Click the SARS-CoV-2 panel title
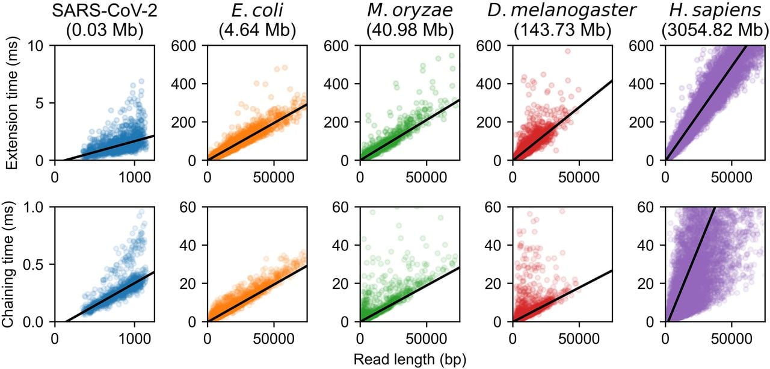click(x=105, y=11)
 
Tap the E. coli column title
click(x=257, y=11)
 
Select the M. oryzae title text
click(x=410, y=11)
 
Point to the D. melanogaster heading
click(x=562, y=11)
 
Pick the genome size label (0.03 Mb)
click(x=105, y=31)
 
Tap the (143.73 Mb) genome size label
click(x=562, y=31)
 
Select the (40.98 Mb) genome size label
click(x=410, y=31)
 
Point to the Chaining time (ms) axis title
click(x=8, y=264)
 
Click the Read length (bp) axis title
click(x=410, y=359)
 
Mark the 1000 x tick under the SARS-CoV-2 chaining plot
click(x=134, y=339)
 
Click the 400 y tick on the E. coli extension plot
click(x=184, y=84)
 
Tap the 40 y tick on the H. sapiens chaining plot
click(x=647, y=245)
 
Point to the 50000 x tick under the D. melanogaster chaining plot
click(x=579, y=339)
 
